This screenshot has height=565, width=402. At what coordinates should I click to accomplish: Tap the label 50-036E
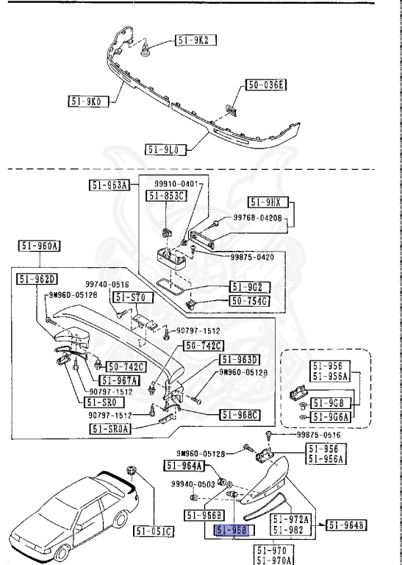(265, 85)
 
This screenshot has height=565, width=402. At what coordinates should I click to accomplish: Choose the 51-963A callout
(109, 186)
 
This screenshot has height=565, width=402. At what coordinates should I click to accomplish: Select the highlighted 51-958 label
(232, 530)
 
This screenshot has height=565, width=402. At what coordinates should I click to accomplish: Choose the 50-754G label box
(250, 301)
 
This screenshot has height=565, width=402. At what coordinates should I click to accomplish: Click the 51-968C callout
(240, 415)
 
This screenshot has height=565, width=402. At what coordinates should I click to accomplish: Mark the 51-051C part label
(153, 530)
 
